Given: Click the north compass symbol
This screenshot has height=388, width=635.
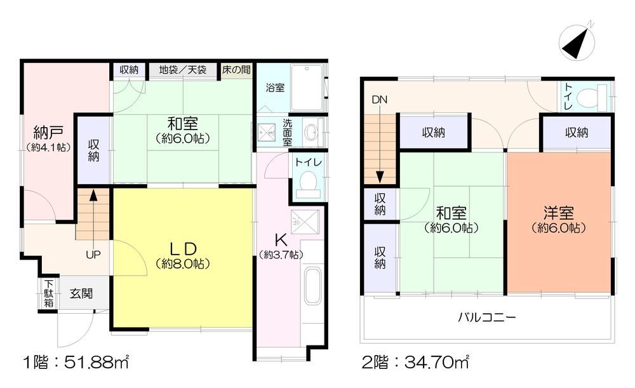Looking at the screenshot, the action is (x=577, y=41).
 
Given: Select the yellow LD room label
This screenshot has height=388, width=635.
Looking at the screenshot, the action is (x=183, y=248).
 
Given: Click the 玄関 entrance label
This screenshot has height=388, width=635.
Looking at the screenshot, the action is (x=81, y=293).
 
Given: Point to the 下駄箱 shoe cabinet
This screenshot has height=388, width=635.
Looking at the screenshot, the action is (x=49, y=293).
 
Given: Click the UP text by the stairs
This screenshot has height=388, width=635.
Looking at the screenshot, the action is (x=93, y=255).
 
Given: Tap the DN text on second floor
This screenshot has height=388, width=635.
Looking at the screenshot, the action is (x=380, y=100).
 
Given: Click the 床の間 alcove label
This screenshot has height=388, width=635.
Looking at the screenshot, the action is (x=236, y=70).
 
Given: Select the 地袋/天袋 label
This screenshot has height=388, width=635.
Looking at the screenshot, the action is (x=183, y=70).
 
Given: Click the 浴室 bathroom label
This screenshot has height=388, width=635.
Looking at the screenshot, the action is (x=275, y=87).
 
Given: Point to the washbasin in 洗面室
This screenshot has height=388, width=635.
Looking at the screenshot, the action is (x=311, y=132).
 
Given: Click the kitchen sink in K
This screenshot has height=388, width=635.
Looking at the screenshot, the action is (x=312, y=286).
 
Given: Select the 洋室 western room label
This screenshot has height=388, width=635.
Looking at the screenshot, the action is (x=558, y=212).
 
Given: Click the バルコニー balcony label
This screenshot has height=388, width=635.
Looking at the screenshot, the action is (x=487, y=317).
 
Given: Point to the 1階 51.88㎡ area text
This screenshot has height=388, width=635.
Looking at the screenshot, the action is (x=76, y=362).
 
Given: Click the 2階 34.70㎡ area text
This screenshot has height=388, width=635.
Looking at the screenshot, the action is (x=415, y=362).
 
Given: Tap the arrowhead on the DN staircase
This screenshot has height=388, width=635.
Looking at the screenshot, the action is (x=380, y=177).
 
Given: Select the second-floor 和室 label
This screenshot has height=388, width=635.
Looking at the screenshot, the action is (x=451, y=212).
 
